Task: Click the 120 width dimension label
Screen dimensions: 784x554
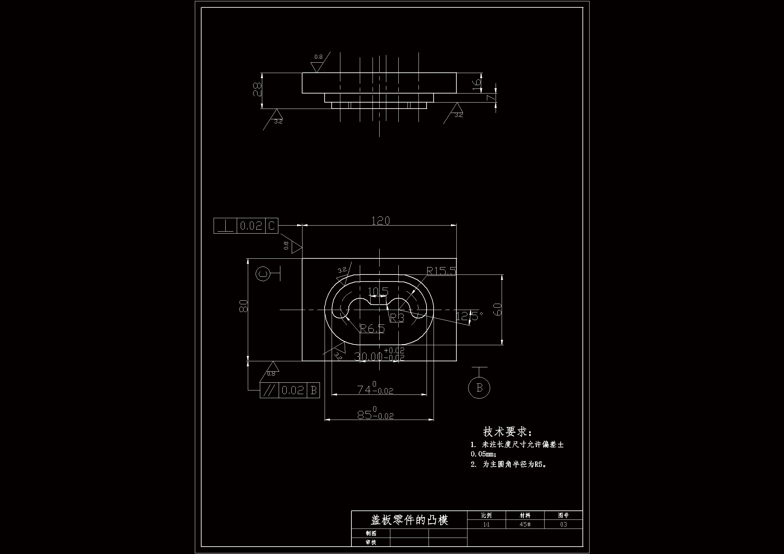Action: (x=380, y=221)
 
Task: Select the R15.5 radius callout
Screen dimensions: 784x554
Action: (x=441, y=271)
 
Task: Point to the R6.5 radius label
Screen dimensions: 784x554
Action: (x=372, y=329)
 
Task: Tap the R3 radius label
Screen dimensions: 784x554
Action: (x=397, y=318)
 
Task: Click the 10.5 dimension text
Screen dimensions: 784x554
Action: (x=378, y=291)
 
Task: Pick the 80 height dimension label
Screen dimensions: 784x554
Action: (x=243, y=306)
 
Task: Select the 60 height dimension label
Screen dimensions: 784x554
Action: (x=498, y=309)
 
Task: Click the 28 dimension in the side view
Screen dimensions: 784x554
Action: (x=257, y=89)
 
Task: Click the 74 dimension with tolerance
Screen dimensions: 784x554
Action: (x=375, y=389)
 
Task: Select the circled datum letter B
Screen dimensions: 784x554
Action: (x=479, y=387)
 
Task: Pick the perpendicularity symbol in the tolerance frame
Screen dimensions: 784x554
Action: (x=225, y=226)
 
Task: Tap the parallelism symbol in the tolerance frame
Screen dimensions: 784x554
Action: (x=269, y=390)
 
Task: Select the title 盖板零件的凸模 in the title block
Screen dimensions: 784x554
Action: (x=409, y=520)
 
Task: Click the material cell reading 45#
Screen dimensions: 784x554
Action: (x=525, y=524)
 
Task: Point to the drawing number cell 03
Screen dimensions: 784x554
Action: (x=563, y=524)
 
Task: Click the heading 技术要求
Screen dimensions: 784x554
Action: (x=507, y=432)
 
